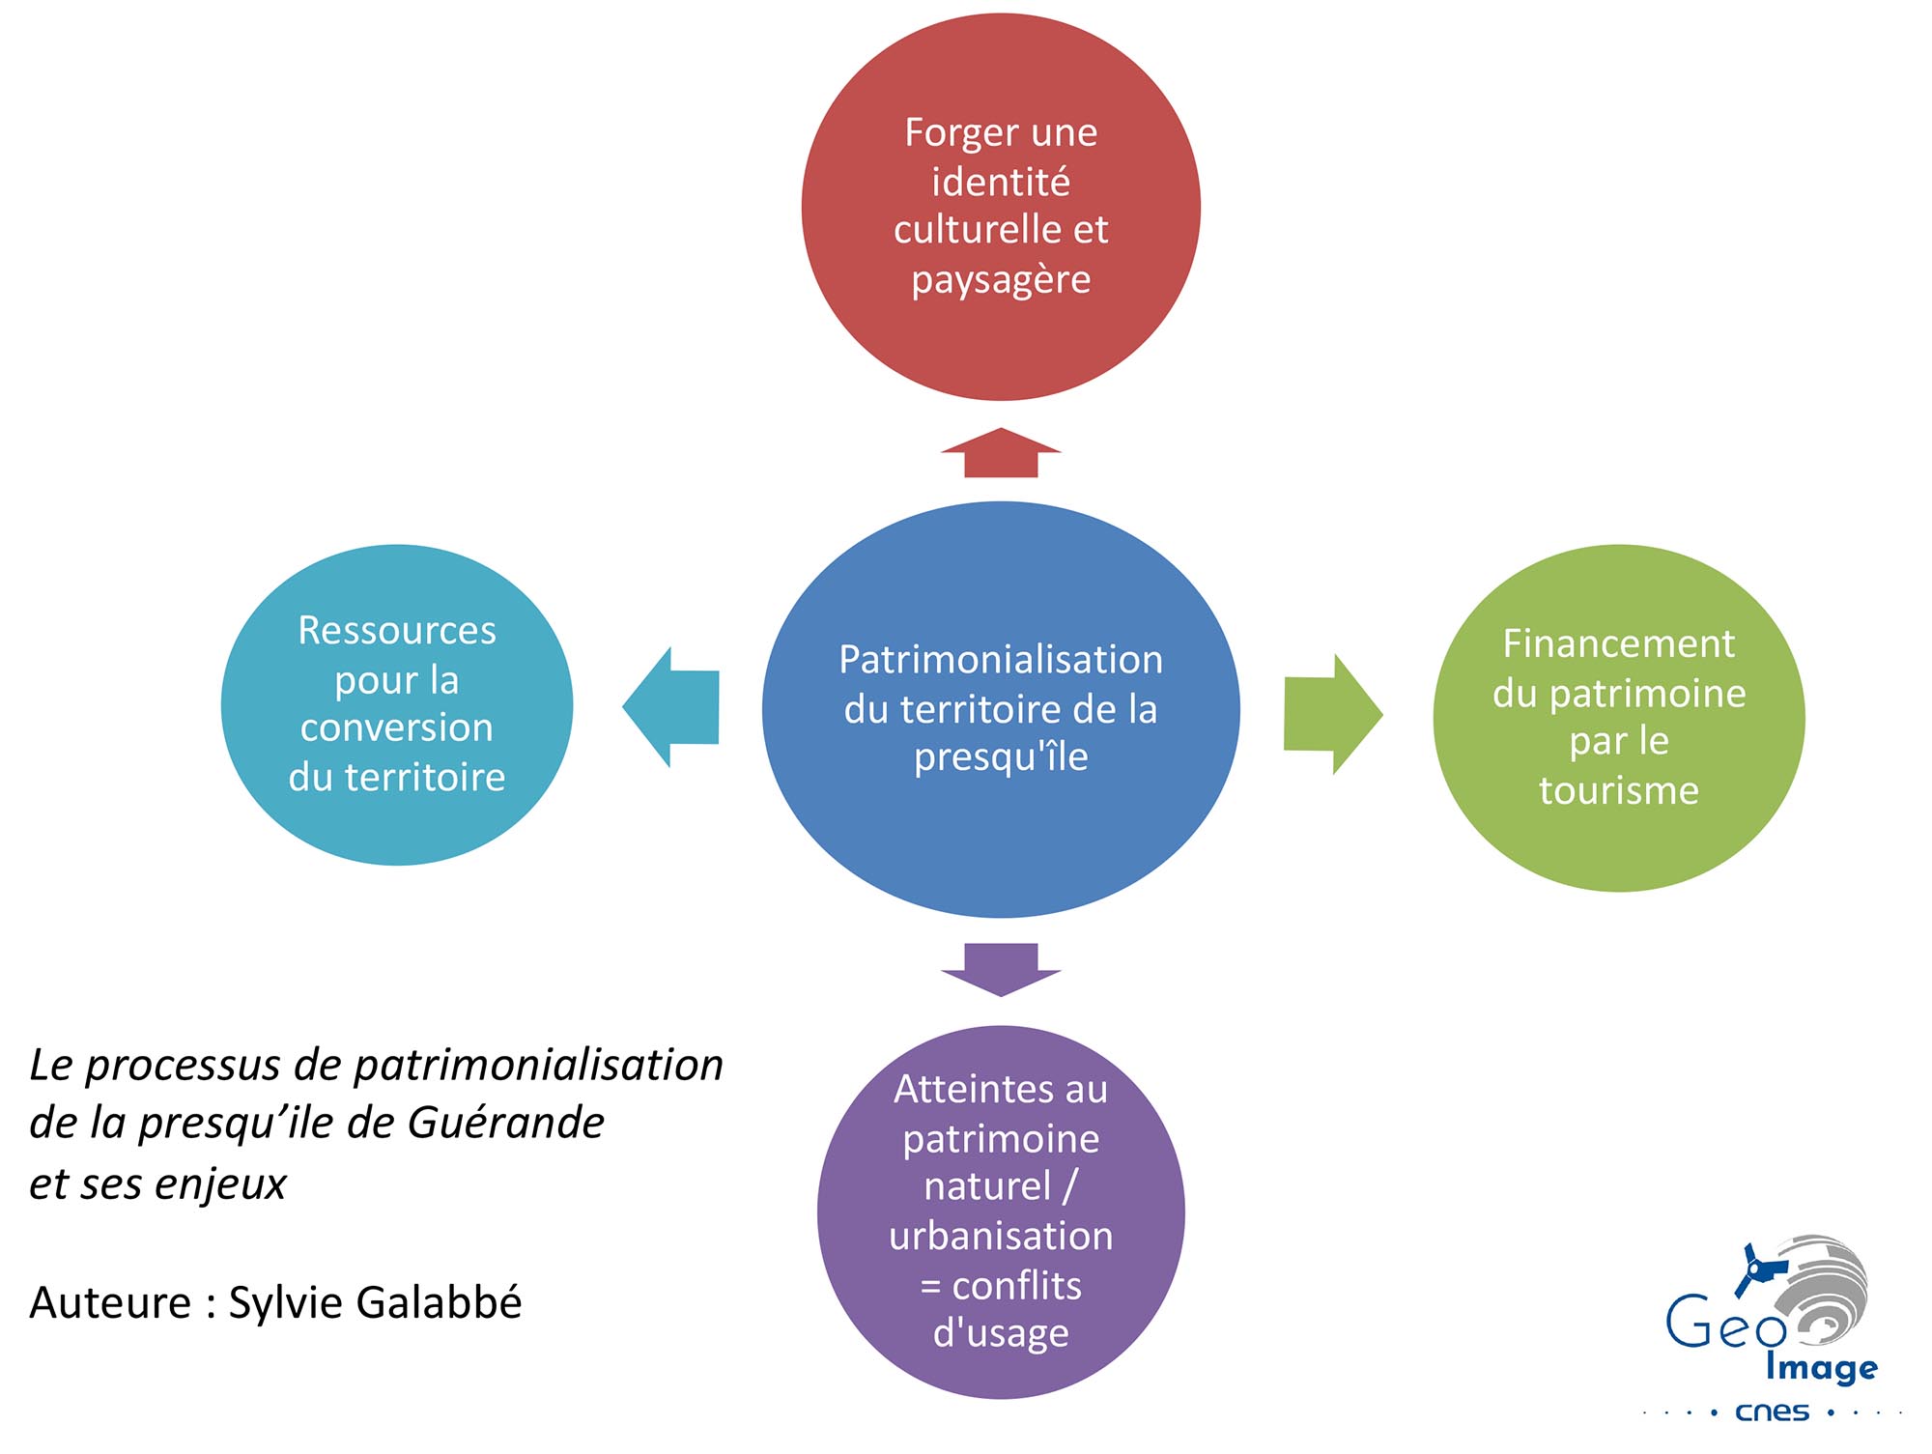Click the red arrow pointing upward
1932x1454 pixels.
coord(1001,453)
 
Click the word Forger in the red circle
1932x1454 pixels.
coord(951,133)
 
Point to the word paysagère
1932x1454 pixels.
coord(1001,280)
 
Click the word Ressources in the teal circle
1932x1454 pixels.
coord(397,631)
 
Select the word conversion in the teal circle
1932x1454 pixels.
coord(397,727)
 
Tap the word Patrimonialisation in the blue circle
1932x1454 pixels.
coord(1001,660)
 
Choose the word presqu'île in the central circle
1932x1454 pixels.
coord(1001,757)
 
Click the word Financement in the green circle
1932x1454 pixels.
coord(1619,644)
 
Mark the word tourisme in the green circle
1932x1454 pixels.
coord(1619,790)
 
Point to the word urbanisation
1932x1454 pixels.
coord(1001,1237)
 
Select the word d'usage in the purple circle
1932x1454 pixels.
coord(1001,1334)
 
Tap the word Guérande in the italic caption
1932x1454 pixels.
coord(505,1124)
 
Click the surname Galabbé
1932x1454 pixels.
coord(448,1302)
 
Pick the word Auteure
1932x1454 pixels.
coord(110,1302)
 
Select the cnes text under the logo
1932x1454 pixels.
coord(1772,1412)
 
